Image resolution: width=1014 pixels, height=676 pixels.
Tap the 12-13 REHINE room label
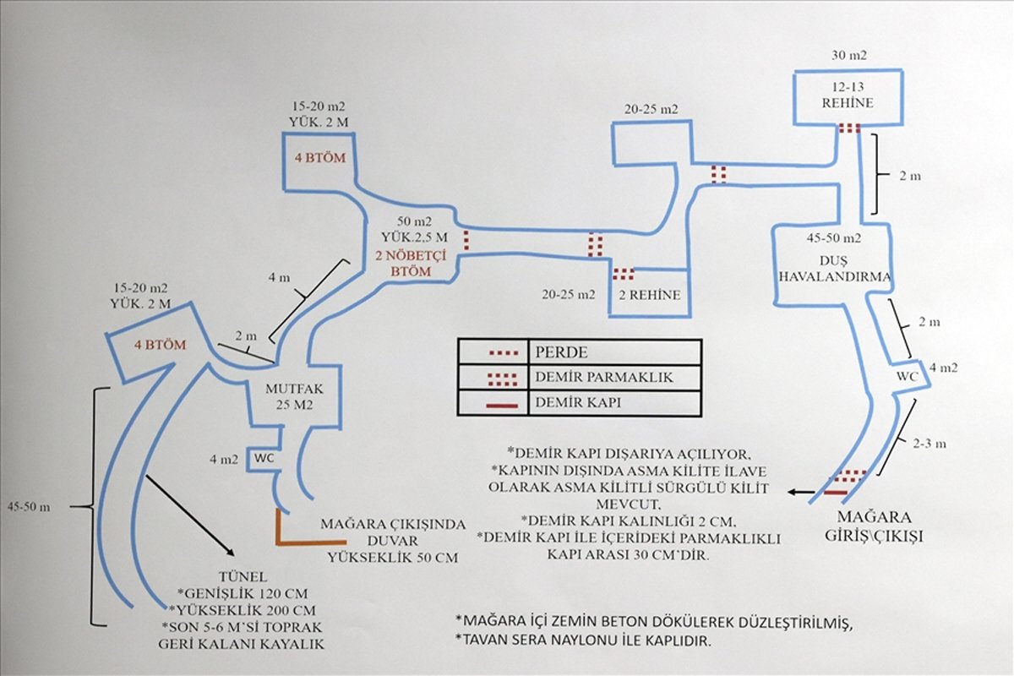tap(847, 95)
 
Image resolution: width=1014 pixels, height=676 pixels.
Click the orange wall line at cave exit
tap(308, 541)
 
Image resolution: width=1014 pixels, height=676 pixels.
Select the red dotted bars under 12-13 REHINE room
tap(849, 128)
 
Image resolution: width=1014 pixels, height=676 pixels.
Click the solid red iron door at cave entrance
tap(837, 491)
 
